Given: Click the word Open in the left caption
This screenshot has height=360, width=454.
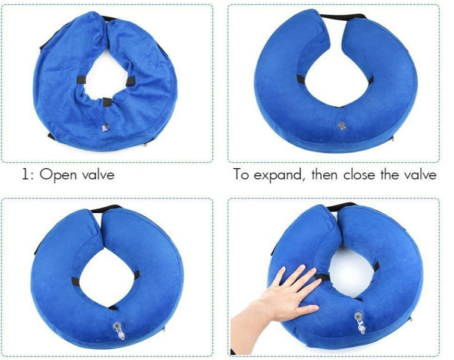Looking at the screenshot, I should [56, 175].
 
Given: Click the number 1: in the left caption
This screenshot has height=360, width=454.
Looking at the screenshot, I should [27, 175].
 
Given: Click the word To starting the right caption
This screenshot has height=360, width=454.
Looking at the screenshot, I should [241, 175].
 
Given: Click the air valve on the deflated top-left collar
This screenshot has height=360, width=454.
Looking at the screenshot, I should [105, 127].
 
